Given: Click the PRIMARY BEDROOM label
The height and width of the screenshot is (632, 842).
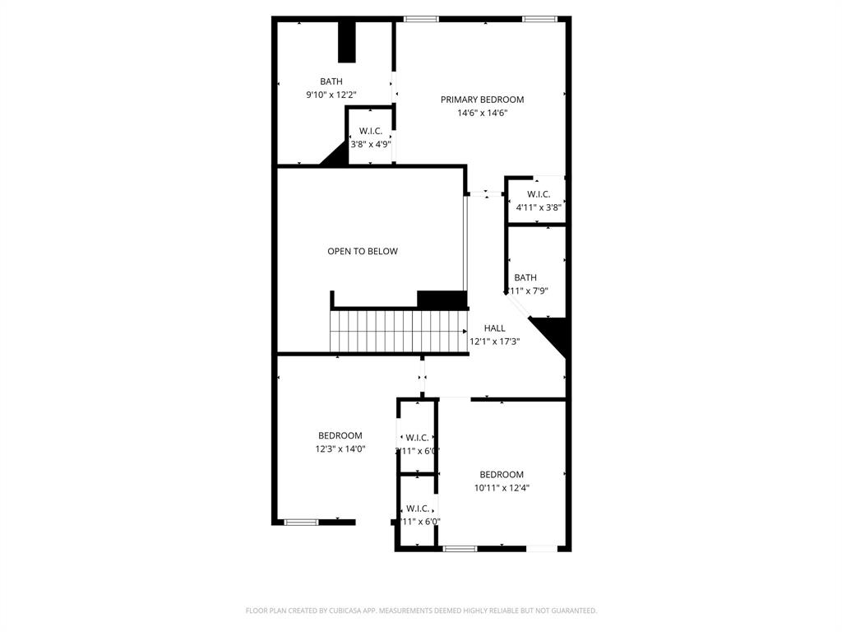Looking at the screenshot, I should point(482,100).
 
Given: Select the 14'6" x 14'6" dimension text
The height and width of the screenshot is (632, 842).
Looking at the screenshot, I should point(482,113).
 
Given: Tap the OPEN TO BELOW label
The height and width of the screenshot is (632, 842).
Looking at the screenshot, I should point(363,251).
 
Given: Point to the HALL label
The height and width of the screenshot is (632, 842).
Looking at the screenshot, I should point(495,328).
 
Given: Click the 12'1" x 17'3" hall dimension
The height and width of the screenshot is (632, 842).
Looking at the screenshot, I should point(495,341).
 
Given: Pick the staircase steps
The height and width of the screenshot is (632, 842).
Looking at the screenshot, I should point(398,331).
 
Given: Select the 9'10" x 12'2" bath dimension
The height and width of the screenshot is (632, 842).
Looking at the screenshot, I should point(331,95).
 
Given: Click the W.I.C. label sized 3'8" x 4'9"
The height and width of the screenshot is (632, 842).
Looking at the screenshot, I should point(371,131).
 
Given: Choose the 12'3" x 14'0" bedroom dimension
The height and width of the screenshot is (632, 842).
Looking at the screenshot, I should point(340,449).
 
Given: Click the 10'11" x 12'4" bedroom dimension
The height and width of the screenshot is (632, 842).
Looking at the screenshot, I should point(502,487).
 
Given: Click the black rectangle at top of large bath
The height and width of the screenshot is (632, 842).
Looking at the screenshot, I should point(347,42).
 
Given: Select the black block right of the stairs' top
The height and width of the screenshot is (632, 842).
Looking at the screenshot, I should point(442,300).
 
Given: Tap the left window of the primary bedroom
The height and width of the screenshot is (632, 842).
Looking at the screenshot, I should point(421,19).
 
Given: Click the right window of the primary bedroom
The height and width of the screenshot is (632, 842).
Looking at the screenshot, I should point(539,19).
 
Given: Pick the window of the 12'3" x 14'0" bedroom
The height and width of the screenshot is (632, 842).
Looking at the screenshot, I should point(301,522).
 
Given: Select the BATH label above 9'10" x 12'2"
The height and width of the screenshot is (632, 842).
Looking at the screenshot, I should point(331,81).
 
